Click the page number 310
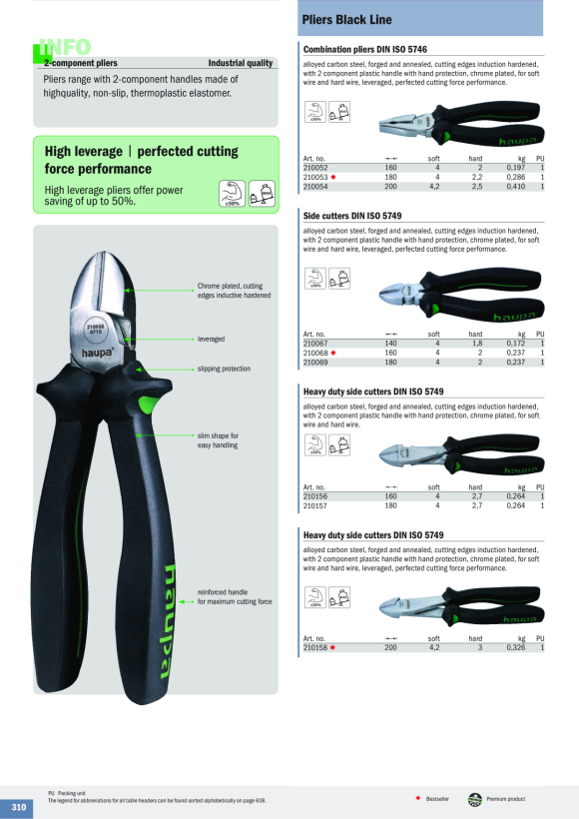19,807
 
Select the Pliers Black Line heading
346,20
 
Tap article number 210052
315,168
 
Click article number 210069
315,362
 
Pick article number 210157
315,505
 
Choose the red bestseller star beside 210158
332,647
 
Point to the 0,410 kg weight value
516,187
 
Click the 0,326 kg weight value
516,647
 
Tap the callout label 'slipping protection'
224,369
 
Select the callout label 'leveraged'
211,339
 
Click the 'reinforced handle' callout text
223,592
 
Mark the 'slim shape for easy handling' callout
218,440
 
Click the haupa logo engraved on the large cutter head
97,354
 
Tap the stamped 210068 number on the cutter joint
96,327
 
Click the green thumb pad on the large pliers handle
150,405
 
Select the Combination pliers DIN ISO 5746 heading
365,50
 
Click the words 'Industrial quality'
241,63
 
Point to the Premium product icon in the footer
474,799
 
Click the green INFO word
65,47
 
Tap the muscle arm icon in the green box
232,193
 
